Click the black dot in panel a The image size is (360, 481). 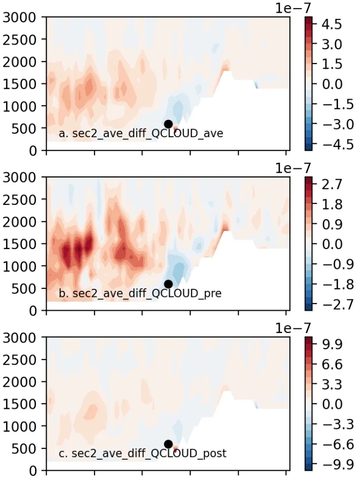(x=168, y=124)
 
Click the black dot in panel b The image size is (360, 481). (x=168, y=284)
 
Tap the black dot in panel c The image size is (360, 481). (x=168, y=444)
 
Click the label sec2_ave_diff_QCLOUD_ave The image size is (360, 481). (x=141, y=134)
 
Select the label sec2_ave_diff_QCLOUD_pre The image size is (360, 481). (x=140, y=293)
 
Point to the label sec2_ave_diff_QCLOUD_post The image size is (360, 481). (x=142, y=453)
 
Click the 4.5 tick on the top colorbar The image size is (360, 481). (x=331, y=24)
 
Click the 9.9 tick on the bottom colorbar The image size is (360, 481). (x=331, y=344)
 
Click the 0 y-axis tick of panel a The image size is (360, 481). (x=32, y=151)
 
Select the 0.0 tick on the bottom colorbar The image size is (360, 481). (x=331, y=404)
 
